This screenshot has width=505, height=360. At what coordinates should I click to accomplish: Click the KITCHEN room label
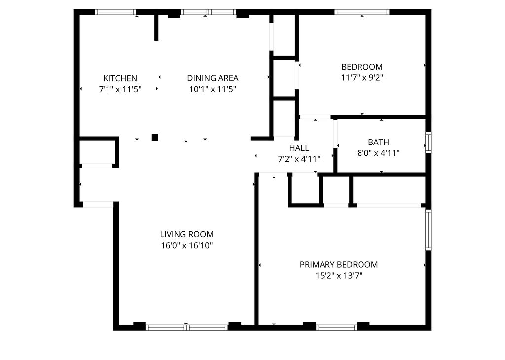pos(120,78)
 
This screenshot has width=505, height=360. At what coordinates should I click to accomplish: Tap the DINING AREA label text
pos(213,78)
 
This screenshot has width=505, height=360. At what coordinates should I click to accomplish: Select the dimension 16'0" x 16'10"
pos(186,245)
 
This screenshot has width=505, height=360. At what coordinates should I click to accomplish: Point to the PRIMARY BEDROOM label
pos(339,265)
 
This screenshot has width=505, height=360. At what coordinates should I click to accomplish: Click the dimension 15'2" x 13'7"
pos(339,276)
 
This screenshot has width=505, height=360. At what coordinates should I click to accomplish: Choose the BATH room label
pos(378,143)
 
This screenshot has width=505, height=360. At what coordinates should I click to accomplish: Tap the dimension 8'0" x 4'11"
pos(378,153)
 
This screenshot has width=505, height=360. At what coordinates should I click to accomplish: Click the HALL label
pos(299,148)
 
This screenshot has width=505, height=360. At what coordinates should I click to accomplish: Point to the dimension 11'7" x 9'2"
pos(362,77)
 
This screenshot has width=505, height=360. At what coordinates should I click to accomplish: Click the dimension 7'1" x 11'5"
pos(120,89)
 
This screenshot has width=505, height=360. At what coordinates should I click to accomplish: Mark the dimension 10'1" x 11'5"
pos(213,89)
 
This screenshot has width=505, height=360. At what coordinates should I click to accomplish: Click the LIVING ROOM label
pos(186,234)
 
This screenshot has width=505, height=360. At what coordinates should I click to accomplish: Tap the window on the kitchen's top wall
pos(115,12)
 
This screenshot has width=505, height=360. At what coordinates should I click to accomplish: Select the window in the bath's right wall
pos(428,143)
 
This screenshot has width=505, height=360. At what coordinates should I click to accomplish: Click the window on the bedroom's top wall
pos(361,12)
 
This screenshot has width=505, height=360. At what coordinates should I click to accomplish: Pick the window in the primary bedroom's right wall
pos(428,230)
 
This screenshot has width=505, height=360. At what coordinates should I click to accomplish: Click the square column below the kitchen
pos(155,137)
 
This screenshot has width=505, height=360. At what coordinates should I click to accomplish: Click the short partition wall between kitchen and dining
pos(156,28)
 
